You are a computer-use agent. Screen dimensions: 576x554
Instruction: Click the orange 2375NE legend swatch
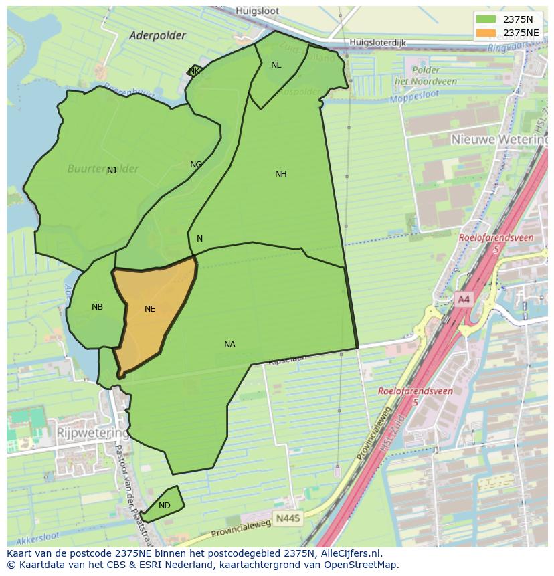486,32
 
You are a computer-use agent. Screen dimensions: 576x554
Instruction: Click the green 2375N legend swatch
486,19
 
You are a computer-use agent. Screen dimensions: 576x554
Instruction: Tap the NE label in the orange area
150,309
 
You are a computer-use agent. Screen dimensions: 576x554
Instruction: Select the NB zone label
97,307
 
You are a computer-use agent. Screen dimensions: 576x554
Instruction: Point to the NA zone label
229,345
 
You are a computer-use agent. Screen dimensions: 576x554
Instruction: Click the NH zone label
280,174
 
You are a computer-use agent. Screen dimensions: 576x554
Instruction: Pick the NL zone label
276,65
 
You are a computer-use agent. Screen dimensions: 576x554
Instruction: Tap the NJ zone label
112,171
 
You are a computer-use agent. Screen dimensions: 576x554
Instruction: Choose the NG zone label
195,165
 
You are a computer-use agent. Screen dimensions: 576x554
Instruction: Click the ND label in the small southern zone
164,506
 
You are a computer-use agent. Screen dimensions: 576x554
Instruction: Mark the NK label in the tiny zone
194,71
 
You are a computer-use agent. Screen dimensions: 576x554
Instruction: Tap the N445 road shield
288,518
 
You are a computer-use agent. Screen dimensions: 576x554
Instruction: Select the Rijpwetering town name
93,433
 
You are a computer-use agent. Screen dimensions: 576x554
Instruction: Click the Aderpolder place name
157,36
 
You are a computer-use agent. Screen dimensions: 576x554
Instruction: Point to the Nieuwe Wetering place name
498,139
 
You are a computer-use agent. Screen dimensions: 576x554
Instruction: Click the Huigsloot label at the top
257,11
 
